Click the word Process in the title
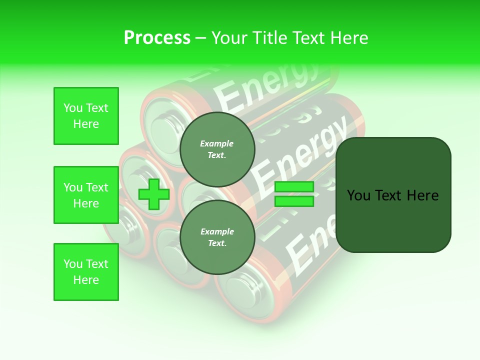[157, 38]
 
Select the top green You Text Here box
[86, 116]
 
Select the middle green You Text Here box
[86, 195]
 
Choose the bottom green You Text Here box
[86, 272]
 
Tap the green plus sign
[154, 194]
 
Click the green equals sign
[294, 194]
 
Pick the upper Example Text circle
[217, 149]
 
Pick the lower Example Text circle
[217, 237]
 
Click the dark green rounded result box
[393, 195]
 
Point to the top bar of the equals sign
[294, 187]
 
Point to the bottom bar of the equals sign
[294, 201]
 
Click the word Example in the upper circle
[217, 144]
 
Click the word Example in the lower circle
[217, 232]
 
